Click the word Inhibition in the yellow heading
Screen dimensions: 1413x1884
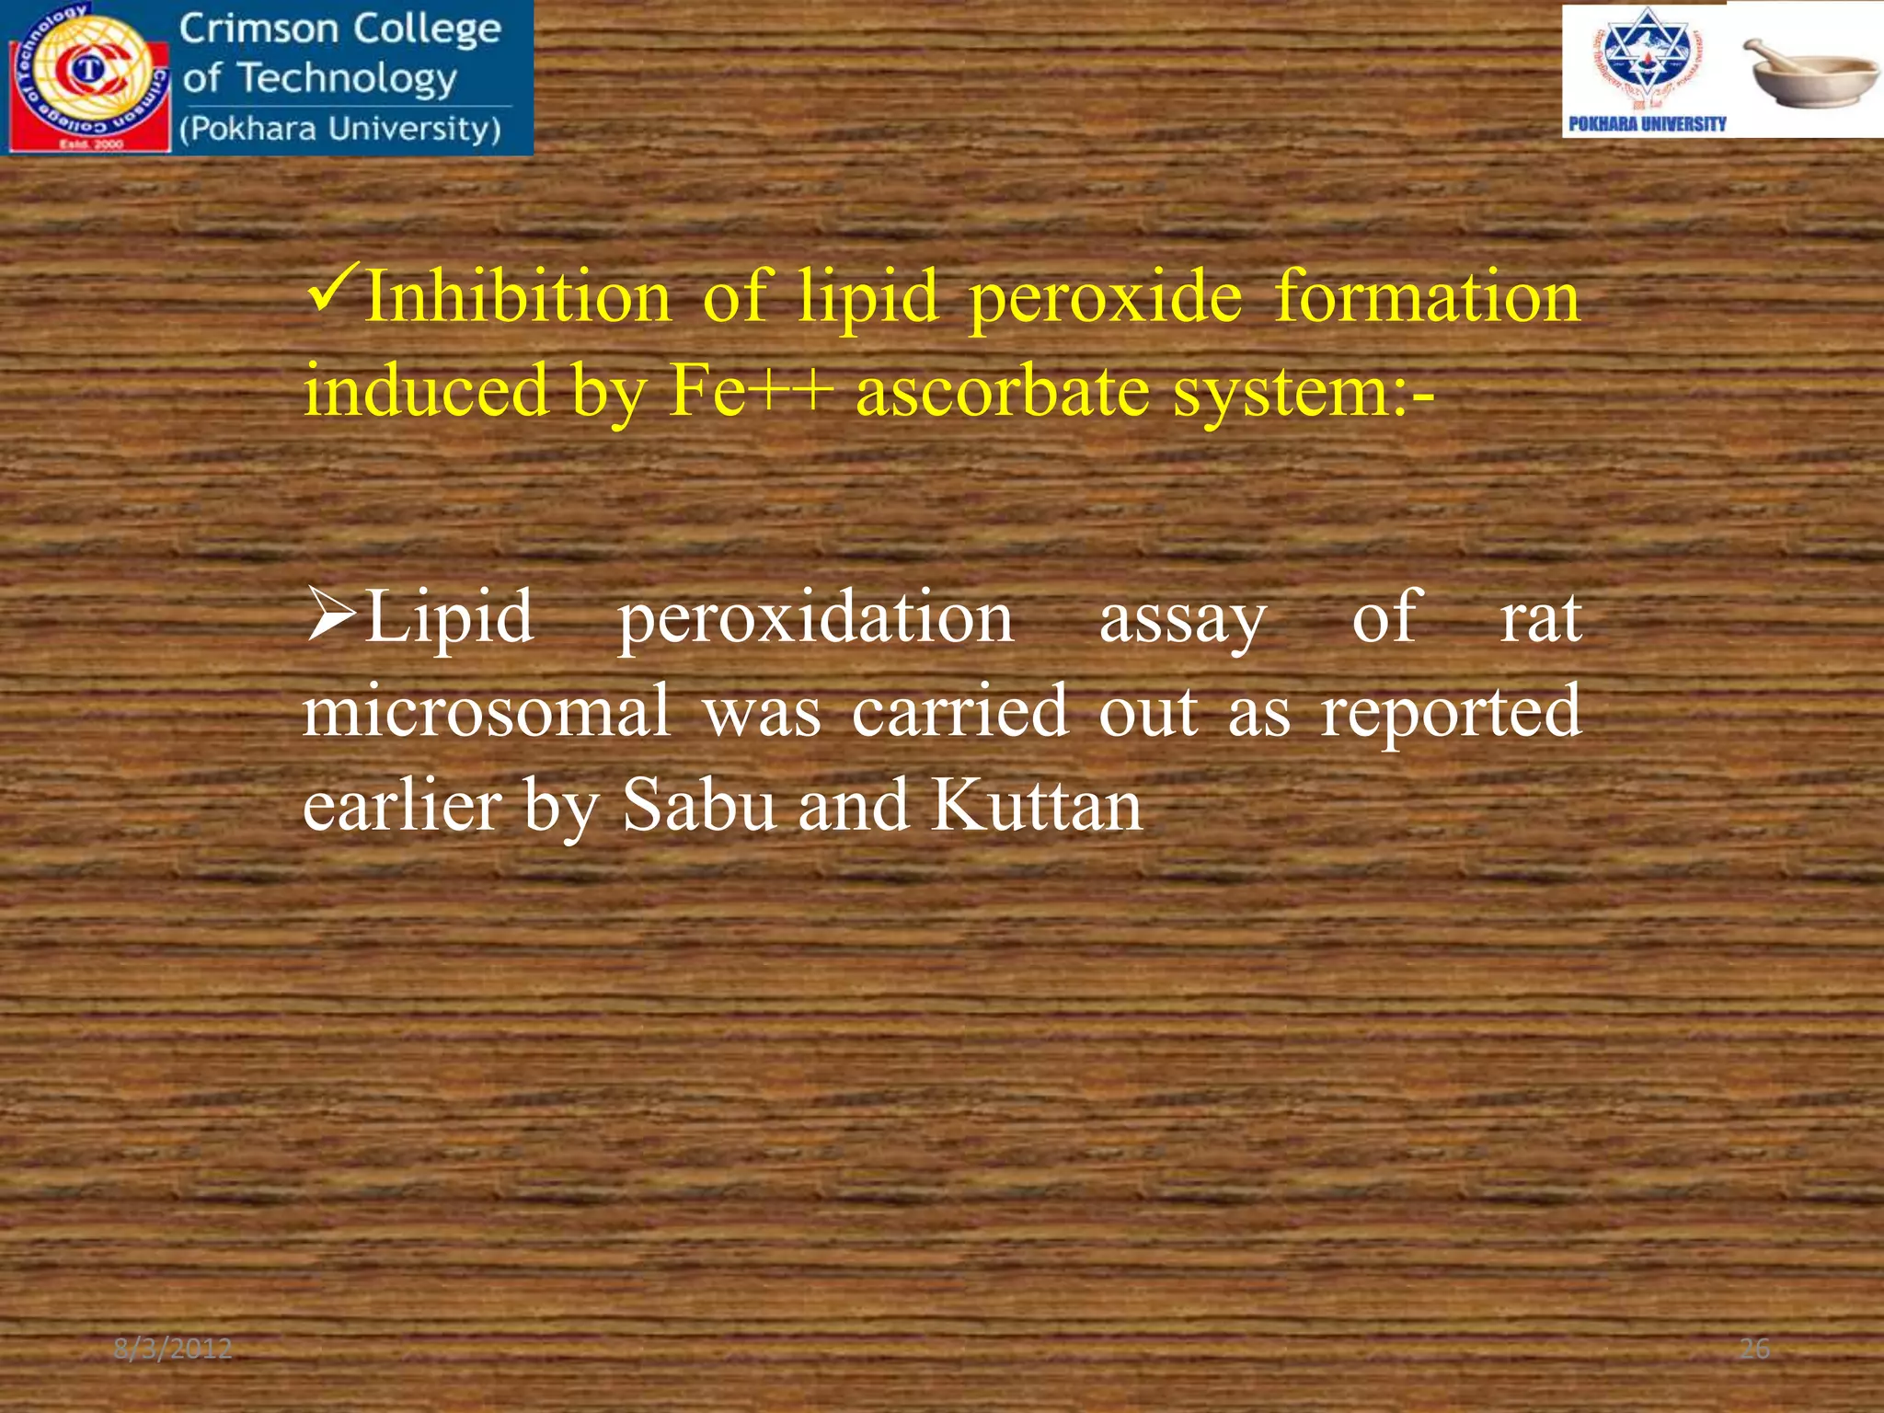click(x=518, y=296)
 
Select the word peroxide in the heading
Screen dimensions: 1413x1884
click(x=1106, y=298)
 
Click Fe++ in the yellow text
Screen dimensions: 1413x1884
click(x=751, y=390)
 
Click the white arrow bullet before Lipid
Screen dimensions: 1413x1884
click(x=331, y=616)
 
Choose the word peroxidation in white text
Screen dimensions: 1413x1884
click(x=815, y=618)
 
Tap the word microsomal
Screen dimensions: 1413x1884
click(x=487, y=711)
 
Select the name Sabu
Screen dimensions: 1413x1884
click(x=699, y=805)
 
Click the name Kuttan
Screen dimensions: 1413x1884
click(x=1036, y=805)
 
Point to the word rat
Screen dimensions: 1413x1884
click(x=1540, y=618)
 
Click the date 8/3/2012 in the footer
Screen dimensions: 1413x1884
click(x=172, y=1350)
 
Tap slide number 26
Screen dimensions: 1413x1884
click(x=1754, y=1349)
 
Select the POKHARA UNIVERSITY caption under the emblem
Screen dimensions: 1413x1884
click(x=1647, y=124)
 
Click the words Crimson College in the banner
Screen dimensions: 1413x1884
click(x=340, y=29)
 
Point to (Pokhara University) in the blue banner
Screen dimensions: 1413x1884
click(x=340, y=129)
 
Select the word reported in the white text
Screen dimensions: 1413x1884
click(x=1451, y=711)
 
